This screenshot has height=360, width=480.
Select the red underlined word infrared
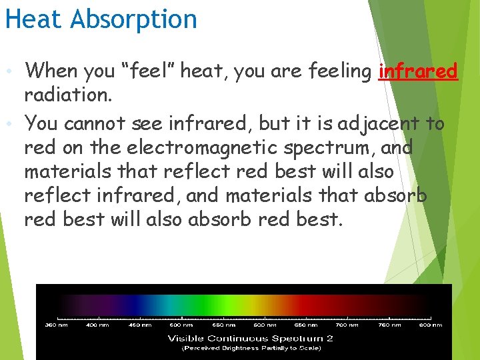(418, 71)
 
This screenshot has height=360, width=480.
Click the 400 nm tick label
(97, 325)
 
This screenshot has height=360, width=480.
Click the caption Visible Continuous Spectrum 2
(250, 338)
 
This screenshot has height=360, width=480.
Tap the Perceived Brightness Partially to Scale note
(250, 348)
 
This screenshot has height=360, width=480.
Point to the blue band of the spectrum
(143, 303)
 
